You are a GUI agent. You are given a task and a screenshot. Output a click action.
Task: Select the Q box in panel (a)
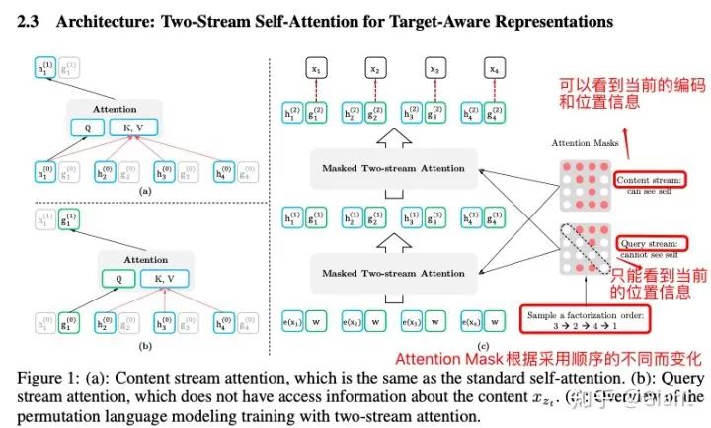point(86,128)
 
